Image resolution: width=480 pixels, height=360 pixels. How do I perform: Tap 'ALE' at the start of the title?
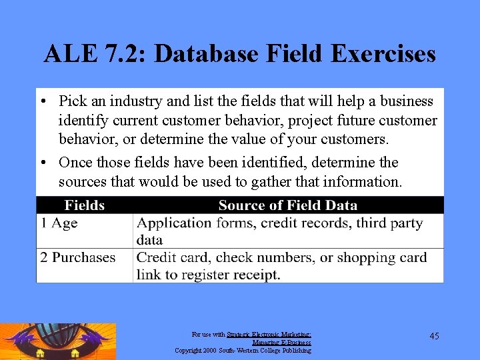tap(64, 53)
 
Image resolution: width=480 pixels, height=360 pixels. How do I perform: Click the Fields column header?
tap(85, 205)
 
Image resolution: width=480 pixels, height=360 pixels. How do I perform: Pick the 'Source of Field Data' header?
tap(287, 205)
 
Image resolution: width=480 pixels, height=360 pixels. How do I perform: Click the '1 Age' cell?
tap(59, 223)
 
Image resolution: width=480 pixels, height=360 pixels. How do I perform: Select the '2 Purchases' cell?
tap(77, 258)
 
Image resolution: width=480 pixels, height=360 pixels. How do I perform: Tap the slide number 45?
tap(434, 336)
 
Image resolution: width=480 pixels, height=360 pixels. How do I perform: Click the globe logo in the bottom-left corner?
tap(57, 341)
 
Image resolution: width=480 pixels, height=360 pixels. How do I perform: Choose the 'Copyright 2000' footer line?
tap(243, 350)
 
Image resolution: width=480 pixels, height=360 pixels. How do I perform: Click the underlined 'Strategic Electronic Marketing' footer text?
tap(269, 335)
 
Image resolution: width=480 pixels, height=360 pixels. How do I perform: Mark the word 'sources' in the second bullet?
tap(83, 181)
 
